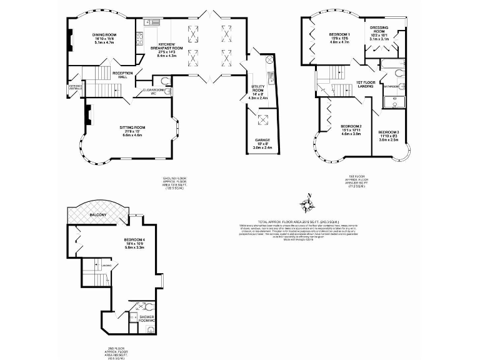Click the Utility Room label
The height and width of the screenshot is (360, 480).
(259, 91)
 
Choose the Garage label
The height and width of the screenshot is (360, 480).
(262, 141)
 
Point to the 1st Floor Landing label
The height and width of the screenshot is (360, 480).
(366, 84)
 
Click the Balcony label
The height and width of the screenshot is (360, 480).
(98, 215)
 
